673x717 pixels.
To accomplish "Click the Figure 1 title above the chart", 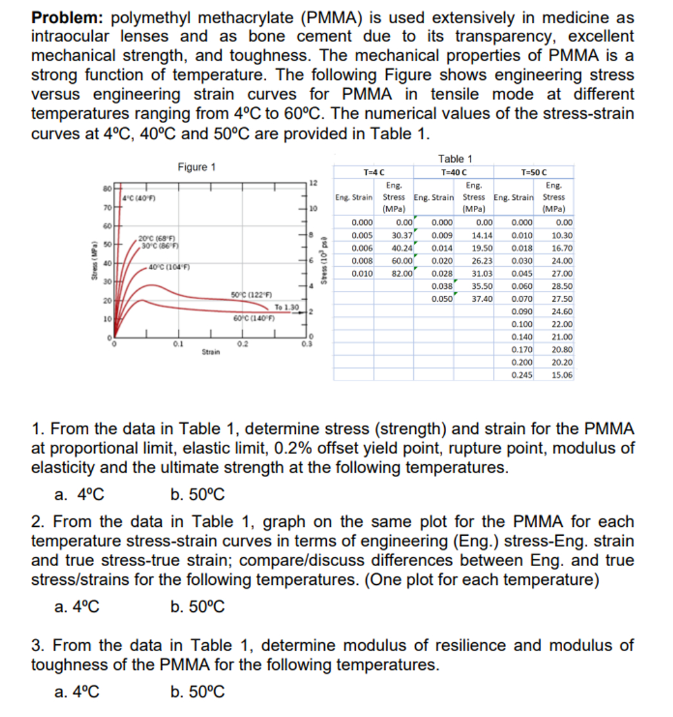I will coord(196,167).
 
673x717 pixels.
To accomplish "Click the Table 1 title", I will coord(455,159).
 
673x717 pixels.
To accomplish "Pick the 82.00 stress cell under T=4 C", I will coord(402,273).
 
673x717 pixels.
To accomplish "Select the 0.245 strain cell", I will coord(522,375).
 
